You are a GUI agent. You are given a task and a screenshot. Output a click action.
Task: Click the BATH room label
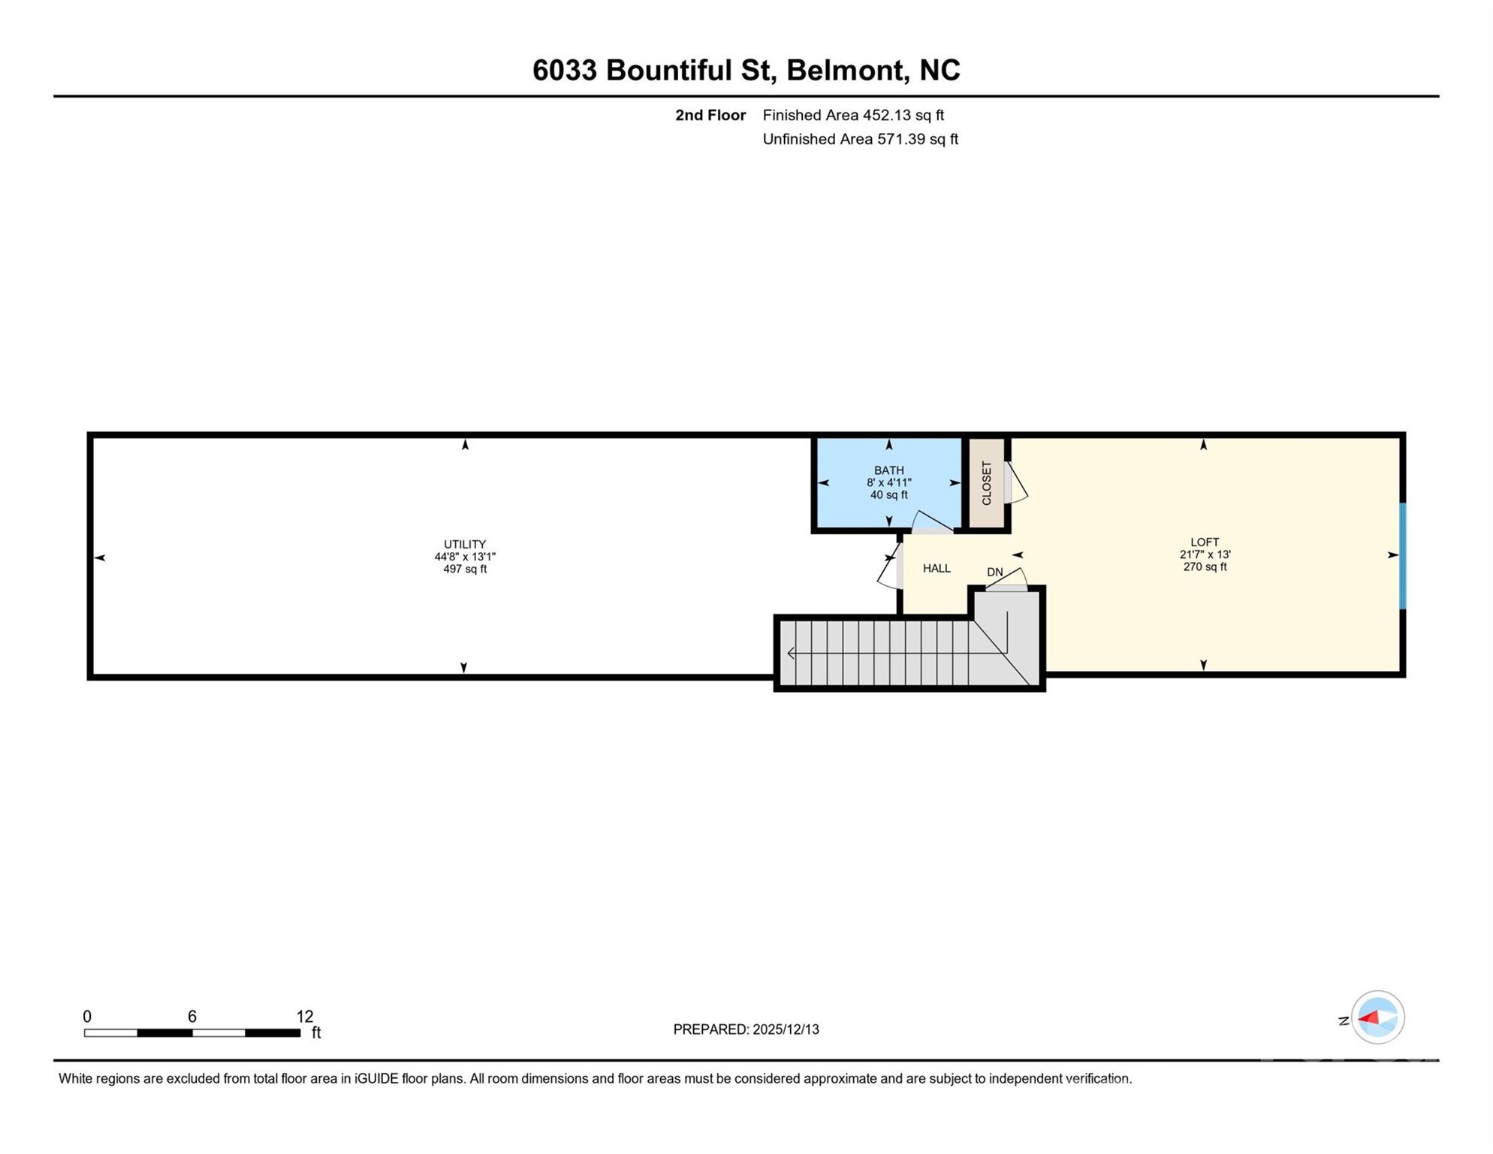(889, 471)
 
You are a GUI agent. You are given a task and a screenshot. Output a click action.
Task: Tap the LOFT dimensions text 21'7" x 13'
(1205, 555)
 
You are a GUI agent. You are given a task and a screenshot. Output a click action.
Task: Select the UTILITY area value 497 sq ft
(465, 569)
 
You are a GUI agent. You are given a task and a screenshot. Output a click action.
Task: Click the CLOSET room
(986, 483)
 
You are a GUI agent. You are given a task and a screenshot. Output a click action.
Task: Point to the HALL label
(937, 569)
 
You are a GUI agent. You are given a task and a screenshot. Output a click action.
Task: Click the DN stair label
(994, 572)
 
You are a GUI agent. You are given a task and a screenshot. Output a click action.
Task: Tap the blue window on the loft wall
(1401, 556)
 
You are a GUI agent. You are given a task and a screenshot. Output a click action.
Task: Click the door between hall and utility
(890, 572)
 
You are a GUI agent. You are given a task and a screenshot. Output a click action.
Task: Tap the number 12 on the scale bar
(304, 1017)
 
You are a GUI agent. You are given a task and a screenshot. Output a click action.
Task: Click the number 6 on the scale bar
(192, 1017)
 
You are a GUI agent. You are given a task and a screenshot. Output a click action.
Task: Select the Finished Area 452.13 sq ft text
(853, 116)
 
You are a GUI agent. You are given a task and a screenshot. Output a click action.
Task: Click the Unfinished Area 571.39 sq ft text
(860, 140)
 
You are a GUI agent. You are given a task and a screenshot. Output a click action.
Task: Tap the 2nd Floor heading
(710, 116)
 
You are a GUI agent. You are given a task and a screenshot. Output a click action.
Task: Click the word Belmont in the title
(845, 71)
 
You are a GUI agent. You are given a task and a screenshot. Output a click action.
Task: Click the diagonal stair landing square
(1006, 639)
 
